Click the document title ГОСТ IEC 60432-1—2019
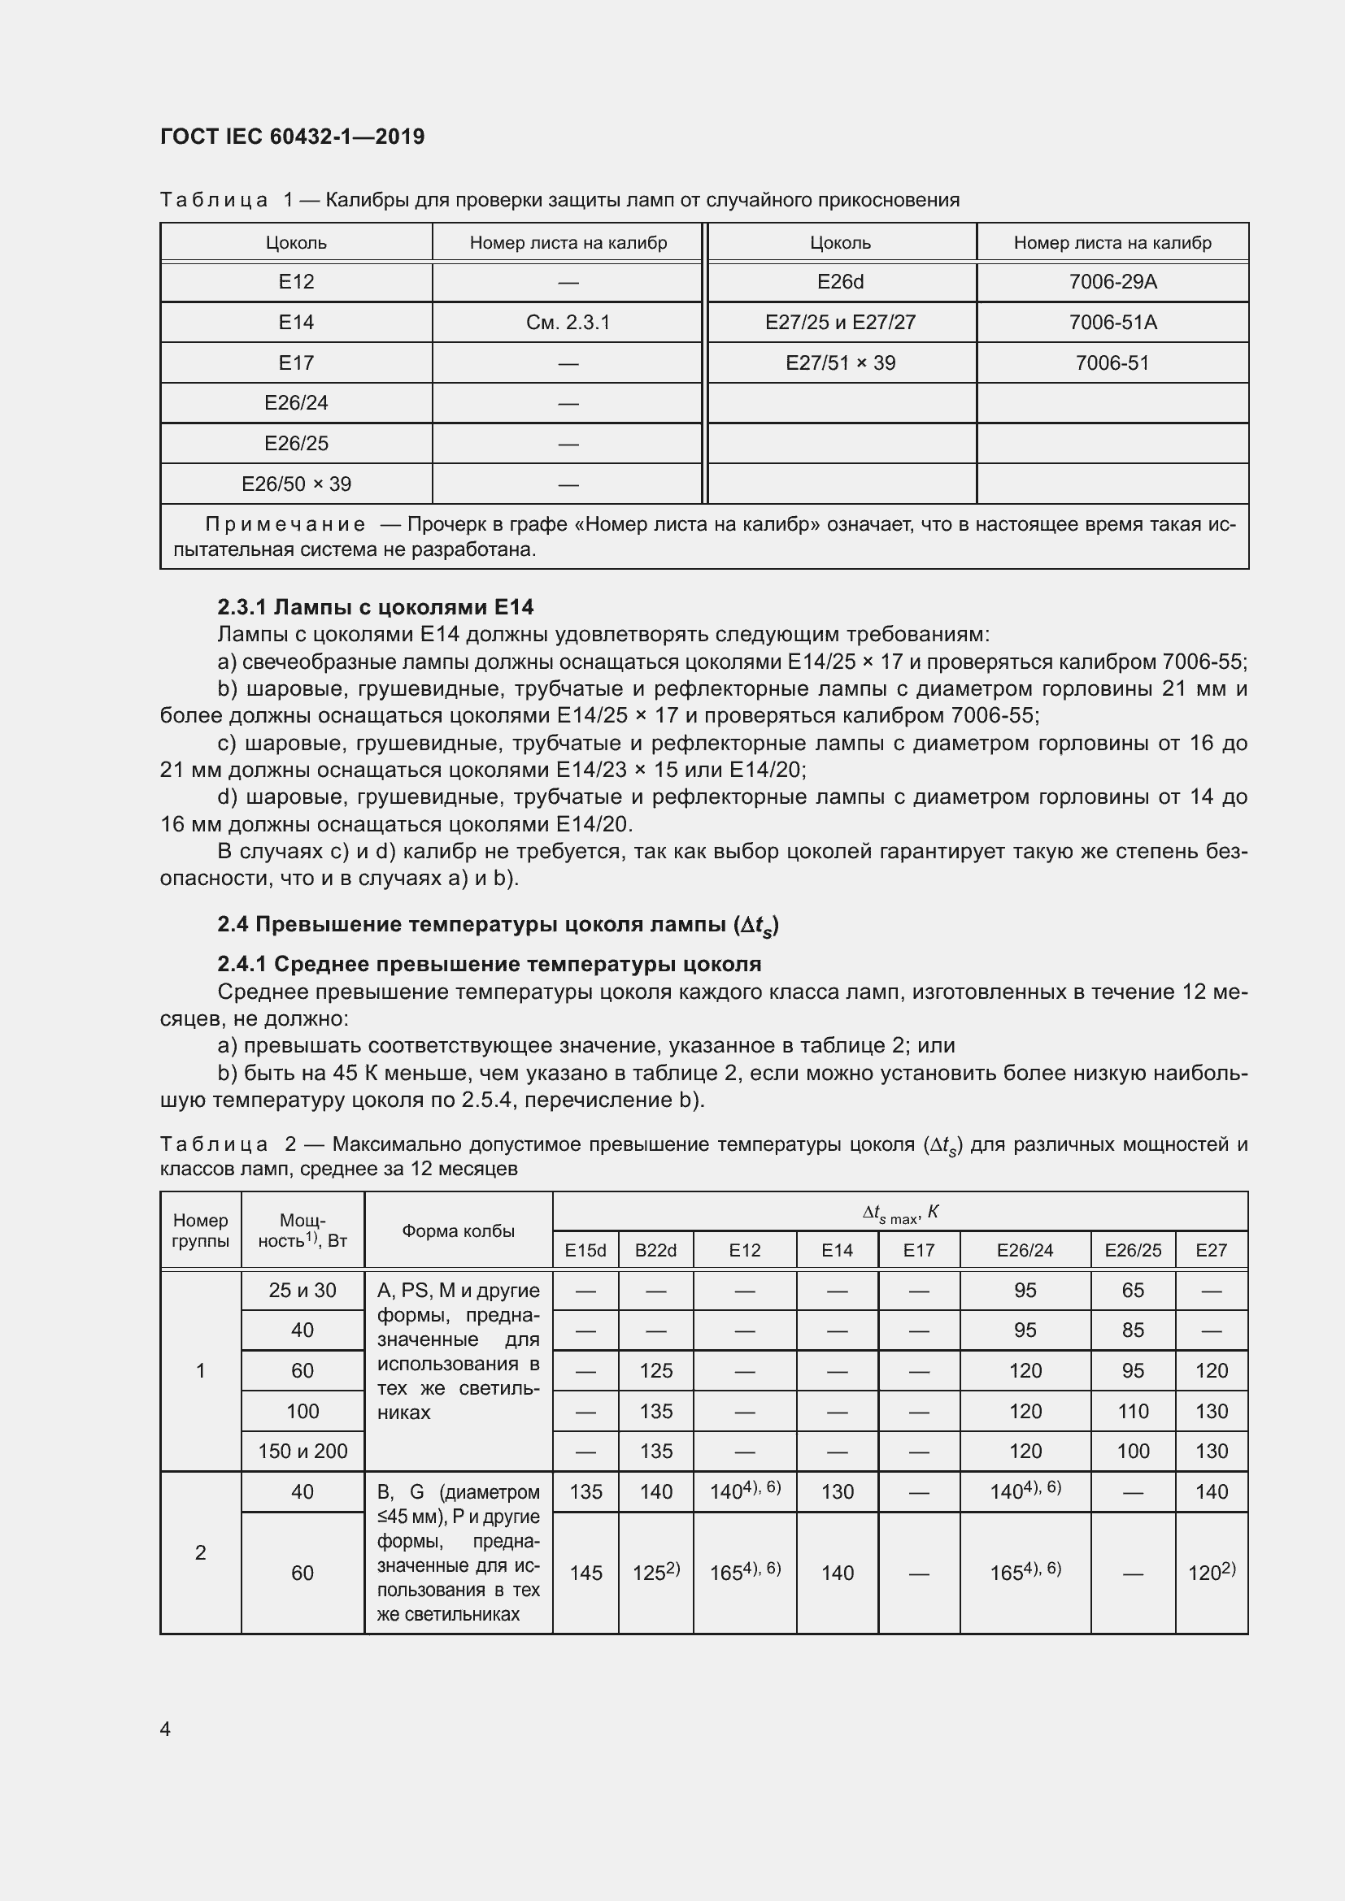(292, 137)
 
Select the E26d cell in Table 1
(840, 281)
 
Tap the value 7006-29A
(1112, 281)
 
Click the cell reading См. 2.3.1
(568, 322)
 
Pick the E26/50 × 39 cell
(296, 484)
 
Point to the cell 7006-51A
(1112, 322)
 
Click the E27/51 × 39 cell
(840, 362)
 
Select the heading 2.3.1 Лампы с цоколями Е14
(375, 607)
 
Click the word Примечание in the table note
(285, 524)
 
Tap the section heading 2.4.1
(489, 964)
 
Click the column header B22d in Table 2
(655, 1250)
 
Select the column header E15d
(585, 1250)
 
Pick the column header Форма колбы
(458, 1230)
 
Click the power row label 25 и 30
(303, 1290)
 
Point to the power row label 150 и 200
(303, 1451)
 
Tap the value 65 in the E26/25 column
(1132, 1290)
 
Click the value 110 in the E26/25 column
(1132, 1411)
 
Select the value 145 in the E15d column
(585, 1573)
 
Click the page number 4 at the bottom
(165, 1729)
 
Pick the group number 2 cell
(200, 1552)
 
